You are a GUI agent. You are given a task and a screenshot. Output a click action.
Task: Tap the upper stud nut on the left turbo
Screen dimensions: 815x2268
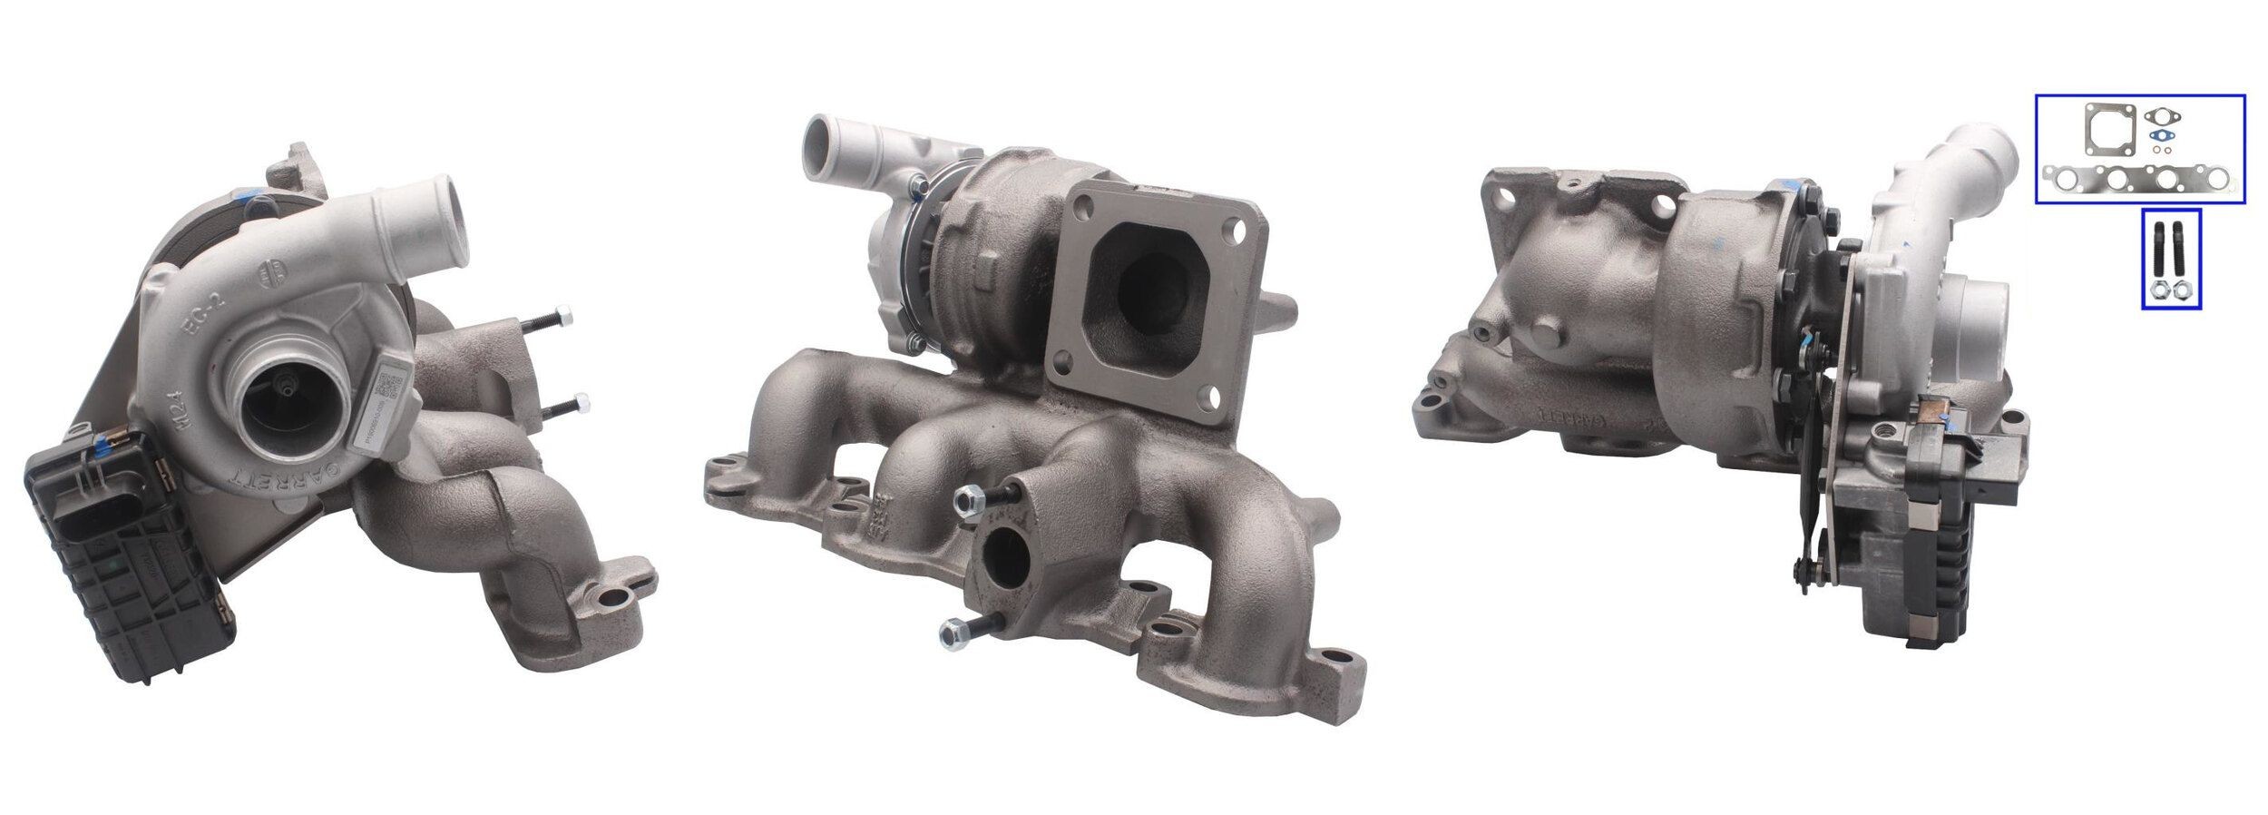[566, 317]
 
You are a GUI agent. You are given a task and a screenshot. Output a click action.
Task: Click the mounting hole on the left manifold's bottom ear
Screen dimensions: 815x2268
[619, 596]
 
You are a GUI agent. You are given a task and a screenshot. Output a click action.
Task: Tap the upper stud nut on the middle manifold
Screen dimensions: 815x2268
[966, 498]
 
